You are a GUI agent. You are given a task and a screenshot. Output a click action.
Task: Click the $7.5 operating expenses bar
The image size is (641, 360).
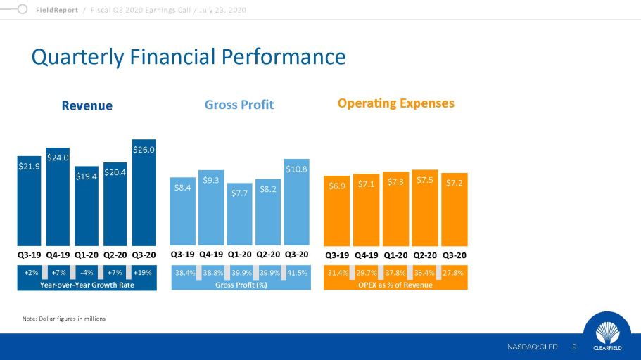coord(424,207)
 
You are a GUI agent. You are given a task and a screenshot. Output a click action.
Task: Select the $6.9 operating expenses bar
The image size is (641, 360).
coord(337,210)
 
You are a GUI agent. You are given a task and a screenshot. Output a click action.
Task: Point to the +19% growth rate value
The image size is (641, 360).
coord(143,272)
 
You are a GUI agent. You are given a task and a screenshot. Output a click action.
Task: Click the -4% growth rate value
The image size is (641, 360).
coord(87,272)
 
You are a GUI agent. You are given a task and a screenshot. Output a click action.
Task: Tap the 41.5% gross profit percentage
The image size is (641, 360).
coord(297,272)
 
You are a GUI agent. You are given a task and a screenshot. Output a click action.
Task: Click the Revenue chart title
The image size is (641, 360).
coord(87,105)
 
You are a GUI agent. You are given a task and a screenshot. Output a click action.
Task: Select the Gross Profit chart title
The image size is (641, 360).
coord(239,105)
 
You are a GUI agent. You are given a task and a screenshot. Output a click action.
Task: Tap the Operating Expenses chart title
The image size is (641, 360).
coord(395,103)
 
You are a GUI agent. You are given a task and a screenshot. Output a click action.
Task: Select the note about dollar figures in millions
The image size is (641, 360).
coord(64,319)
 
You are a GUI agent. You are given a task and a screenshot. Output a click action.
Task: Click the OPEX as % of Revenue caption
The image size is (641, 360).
coord(395,284)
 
